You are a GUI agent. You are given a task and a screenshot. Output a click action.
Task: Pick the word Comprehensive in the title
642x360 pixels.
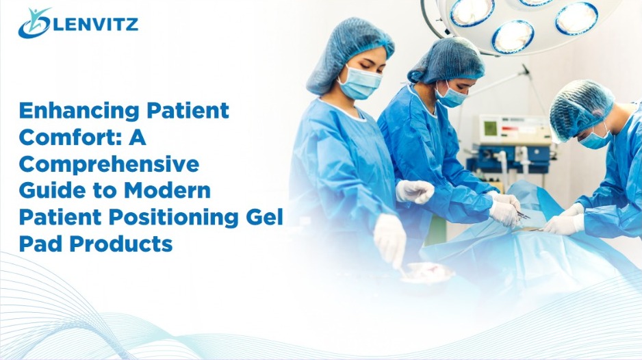(x=109, y=164)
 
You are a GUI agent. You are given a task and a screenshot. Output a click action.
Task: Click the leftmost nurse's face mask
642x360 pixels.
(x=360, y=83)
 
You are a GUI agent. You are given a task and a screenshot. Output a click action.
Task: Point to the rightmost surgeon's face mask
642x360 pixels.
(x=595, y=137)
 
